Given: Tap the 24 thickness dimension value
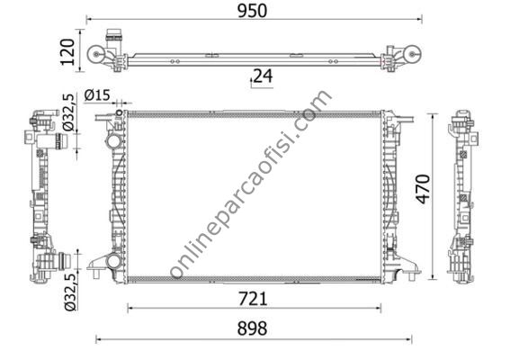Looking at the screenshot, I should point(262,76).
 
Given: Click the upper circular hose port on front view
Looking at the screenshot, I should point(112,143).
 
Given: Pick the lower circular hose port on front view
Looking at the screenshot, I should point(112,262).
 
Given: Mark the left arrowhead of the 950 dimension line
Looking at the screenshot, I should point(89,19).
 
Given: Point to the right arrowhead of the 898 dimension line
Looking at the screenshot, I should point(409,339).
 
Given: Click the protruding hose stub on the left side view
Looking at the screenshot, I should point(62,262).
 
